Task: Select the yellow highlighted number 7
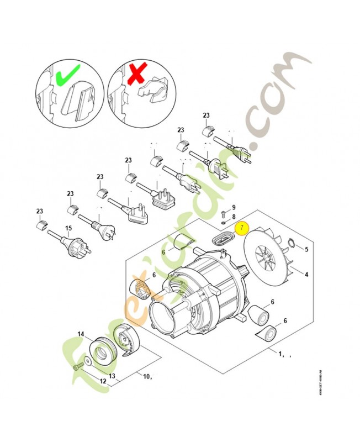tap(241, 228)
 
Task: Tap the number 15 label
tap(69, 228)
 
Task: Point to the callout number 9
tap(233, 207)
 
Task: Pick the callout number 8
tap(233, 217)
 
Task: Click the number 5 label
tap(306, 249)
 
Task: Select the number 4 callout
tap(306, 272)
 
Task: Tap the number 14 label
tap(81, 334)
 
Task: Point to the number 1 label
tap(280, 354)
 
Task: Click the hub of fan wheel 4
tap(268, 256)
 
